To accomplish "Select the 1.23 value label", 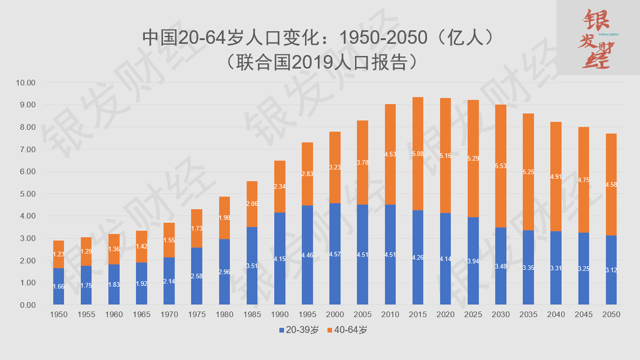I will tap(59, 254).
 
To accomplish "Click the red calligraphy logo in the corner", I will tap(597, 37).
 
